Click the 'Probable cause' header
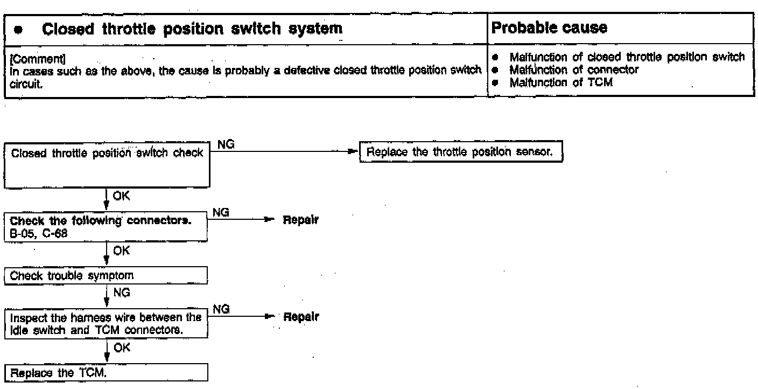pos(550,29)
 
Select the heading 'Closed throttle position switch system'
pos(192,30)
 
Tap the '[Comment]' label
pos(29,55)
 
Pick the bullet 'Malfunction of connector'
pos(574,69)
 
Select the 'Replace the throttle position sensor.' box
pos(460,152)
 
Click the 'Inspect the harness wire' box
pos(106,322)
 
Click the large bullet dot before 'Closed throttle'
pos(19,31)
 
